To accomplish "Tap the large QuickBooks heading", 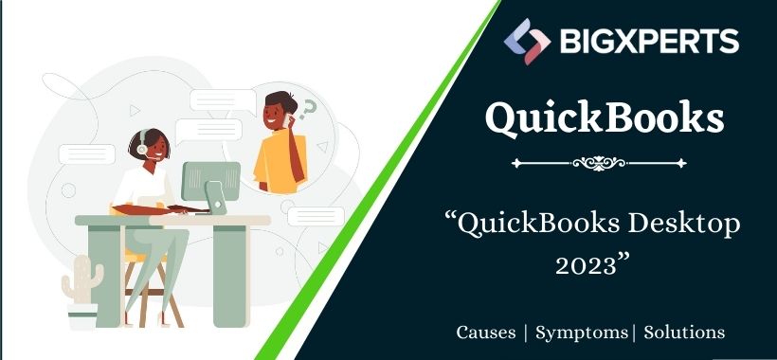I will coord(605,118).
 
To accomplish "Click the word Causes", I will coord(487,333).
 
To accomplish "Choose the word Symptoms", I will coord(580,333).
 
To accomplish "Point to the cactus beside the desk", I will coord(81,281).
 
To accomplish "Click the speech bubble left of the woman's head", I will coord(86,153).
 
